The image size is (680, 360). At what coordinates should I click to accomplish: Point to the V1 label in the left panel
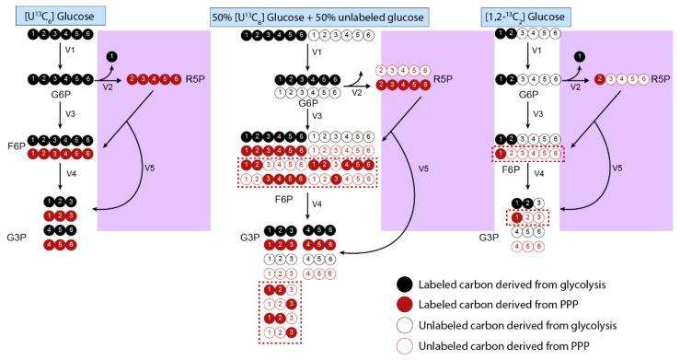pos(75,52)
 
